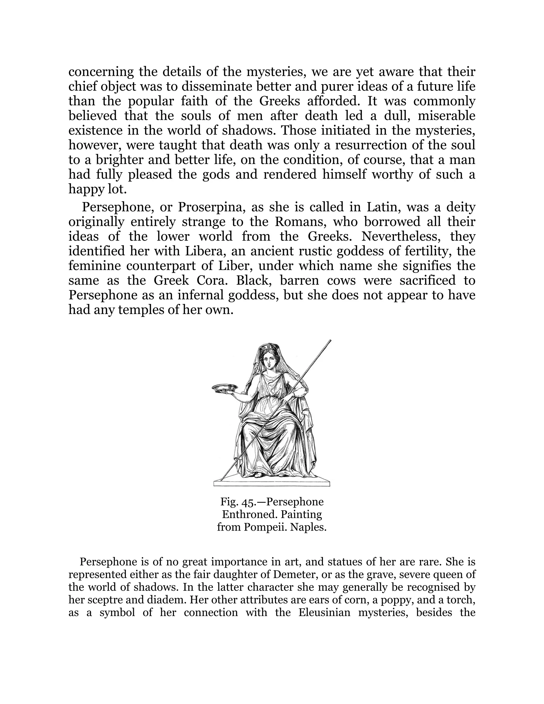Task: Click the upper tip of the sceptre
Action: pyautogui.click(x=330, y=341)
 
